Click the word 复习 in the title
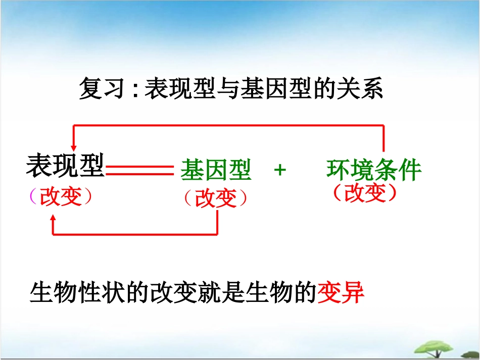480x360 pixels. (101, 89)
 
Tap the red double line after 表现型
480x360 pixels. (139, 170)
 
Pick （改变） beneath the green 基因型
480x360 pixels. (216, 198)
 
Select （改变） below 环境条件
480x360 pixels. (364, 192)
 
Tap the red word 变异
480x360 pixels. (341, 293)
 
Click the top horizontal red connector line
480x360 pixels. (227, 125)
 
